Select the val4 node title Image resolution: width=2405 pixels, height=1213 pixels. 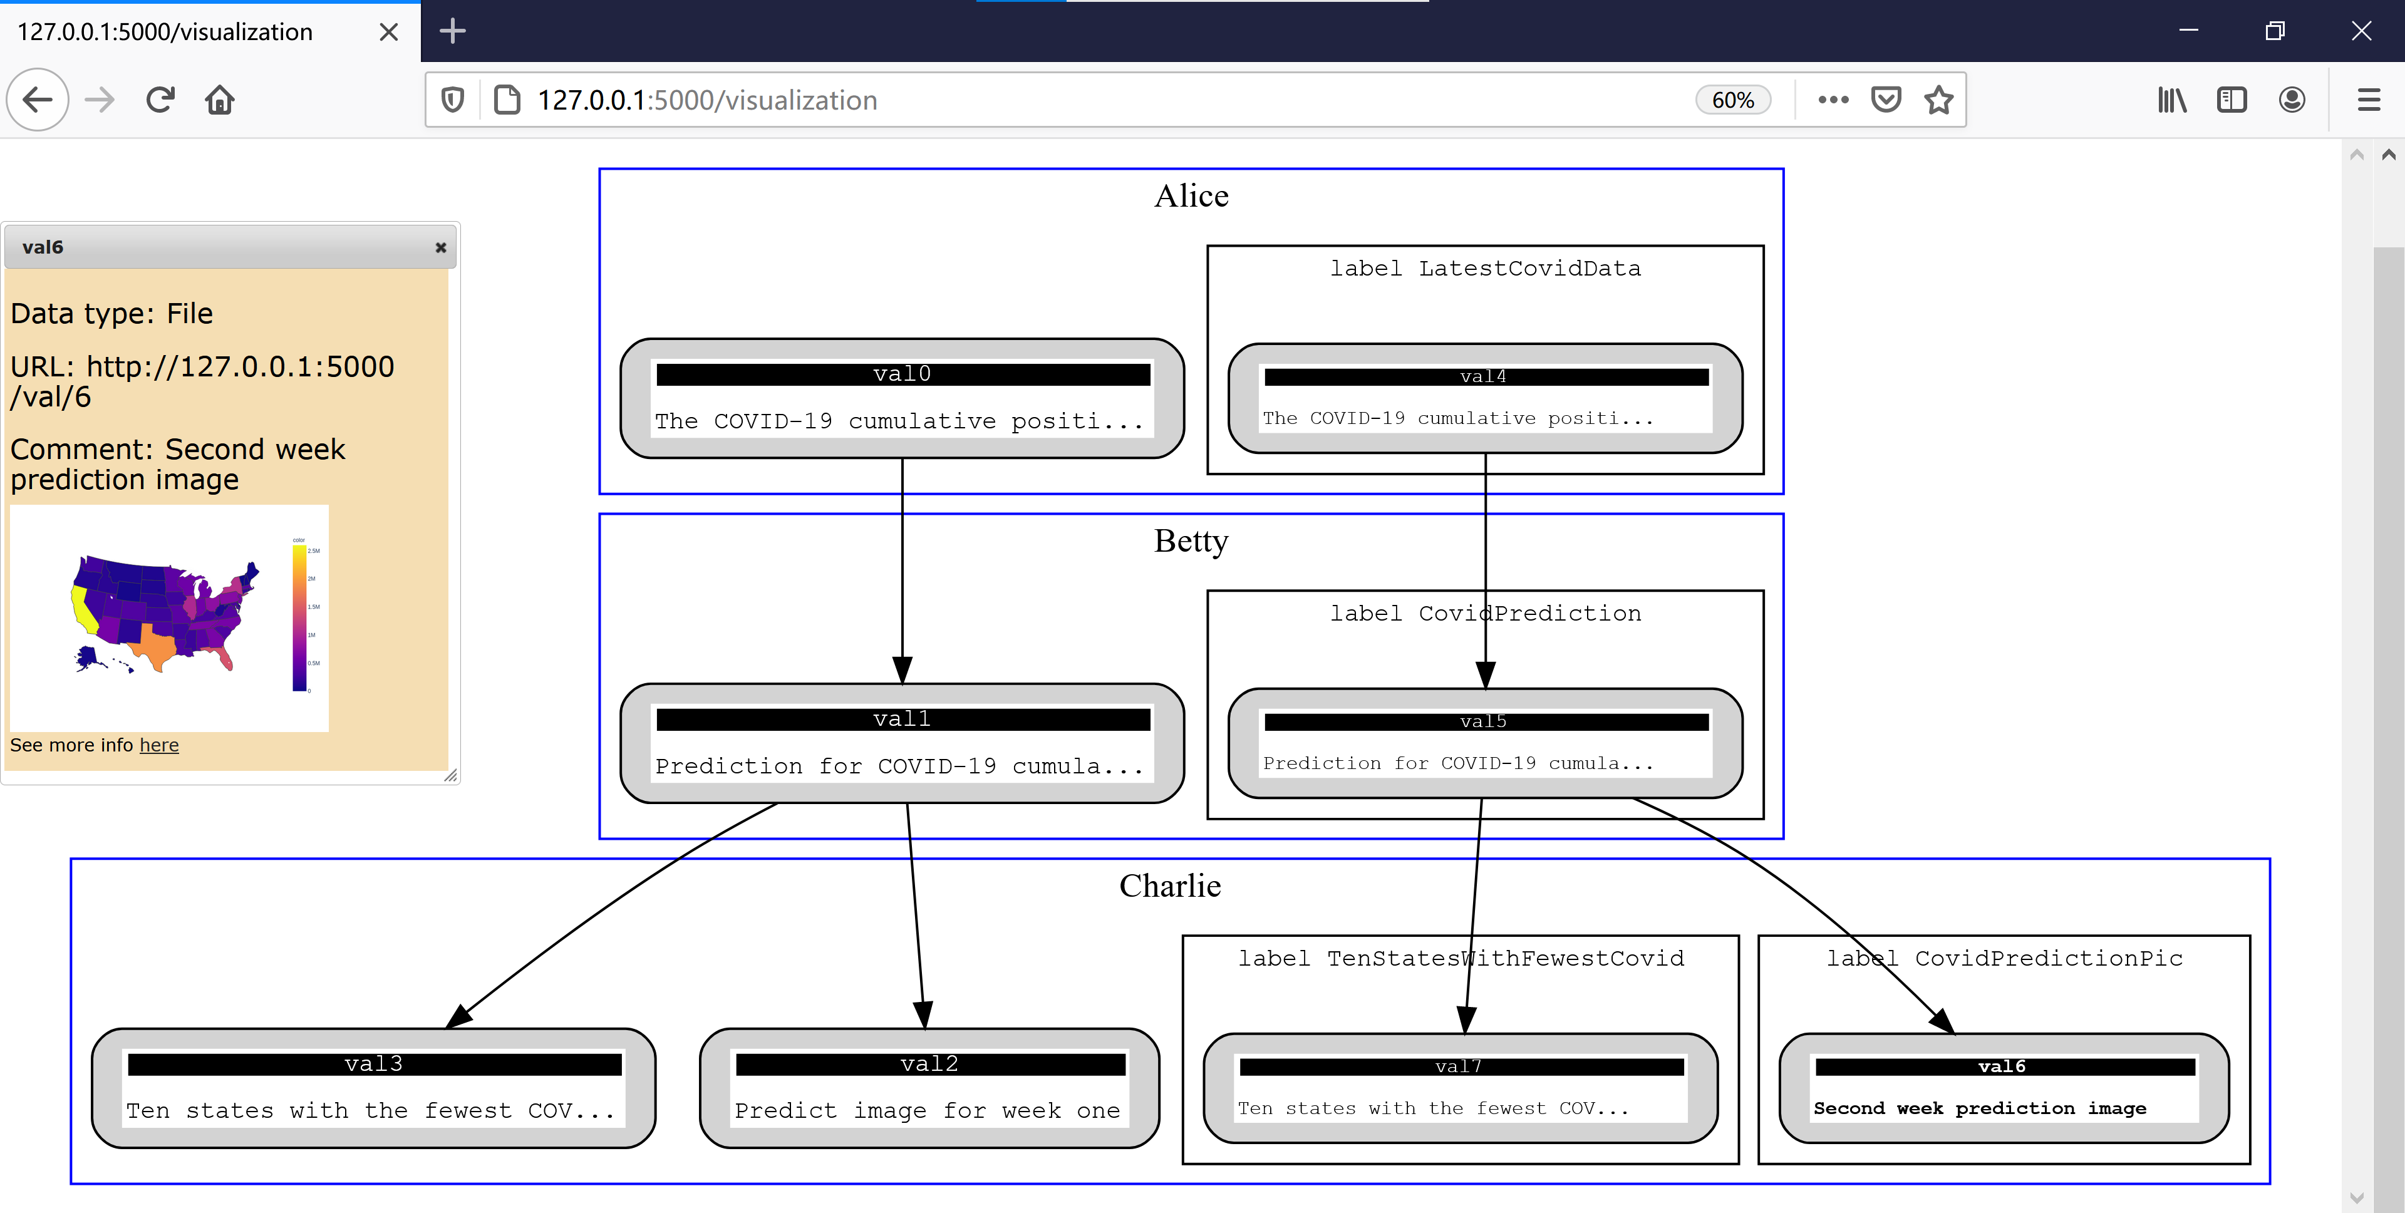coord(1484,376)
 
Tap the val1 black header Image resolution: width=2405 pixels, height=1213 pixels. coord(902,719)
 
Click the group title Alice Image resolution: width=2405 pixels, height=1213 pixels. coord(1191,196)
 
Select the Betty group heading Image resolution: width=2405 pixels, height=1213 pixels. coord(1191,540)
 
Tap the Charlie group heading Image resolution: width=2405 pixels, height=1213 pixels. coord(1170,885)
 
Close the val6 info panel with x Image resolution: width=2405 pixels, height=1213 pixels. coord(441,247)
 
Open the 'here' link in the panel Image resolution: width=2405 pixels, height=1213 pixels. coord(158,745)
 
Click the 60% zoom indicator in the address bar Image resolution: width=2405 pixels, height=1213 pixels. coord(1732,100)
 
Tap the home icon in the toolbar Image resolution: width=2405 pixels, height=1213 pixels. coord(219,100)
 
